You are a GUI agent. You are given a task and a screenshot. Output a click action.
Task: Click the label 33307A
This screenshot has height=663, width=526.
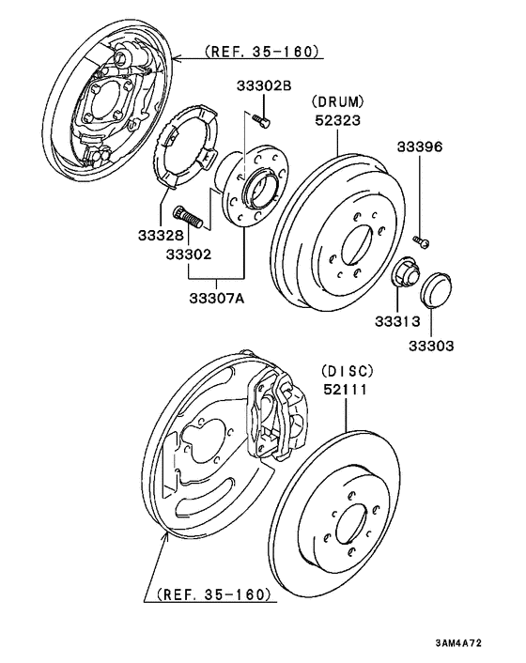[217, 299]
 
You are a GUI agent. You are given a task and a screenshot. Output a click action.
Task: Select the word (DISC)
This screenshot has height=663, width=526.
[347, 370]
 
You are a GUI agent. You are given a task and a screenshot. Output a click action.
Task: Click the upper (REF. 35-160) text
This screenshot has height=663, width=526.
[260, 52]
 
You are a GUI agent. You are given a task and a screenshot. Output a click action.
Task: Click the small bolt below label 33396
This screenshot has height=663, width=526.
[422, 241]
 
